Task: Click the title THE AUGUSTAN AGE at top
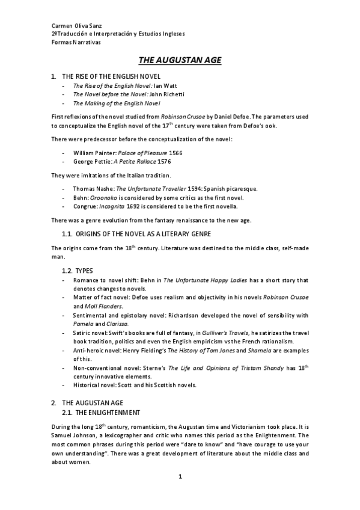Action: tap(180, 60)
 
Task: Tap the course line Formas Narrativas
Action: tap(76, 43)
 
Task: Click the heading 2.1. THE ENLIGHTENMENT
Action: tap(101, 413)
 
